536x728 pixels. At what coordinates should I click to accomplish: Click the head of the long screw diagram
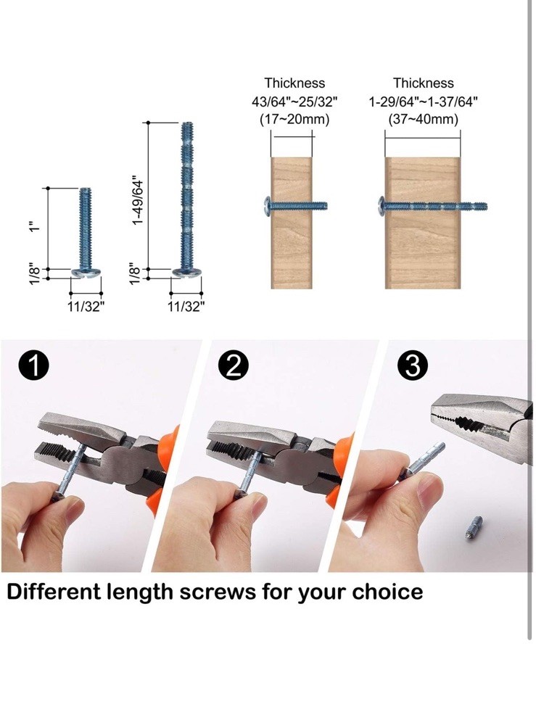click(186, 273)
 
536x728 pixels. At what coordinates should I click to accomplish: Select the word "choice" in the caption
click(388, 592)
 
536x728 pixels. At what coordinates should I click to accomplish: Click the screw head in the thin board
click(264, 207)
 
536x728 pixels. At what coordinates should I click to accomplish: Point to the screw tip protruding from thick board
click(474, 207)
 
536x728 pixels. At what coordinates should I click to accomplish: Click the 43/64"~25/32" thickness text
click(294, 102)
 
